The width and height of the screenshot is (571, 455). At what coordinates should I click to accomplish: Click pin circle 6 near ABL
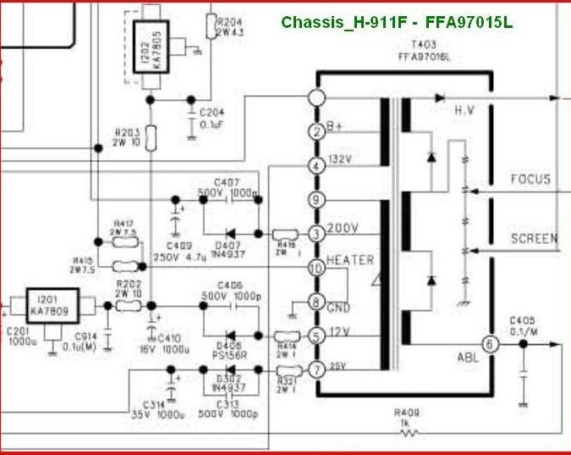(488, 345)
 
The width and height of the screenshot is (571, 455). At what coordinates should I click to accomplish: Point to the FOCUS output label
(530, 180)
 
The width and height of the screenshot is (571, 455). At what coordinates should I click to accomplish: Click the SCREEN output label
(534, 239)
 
